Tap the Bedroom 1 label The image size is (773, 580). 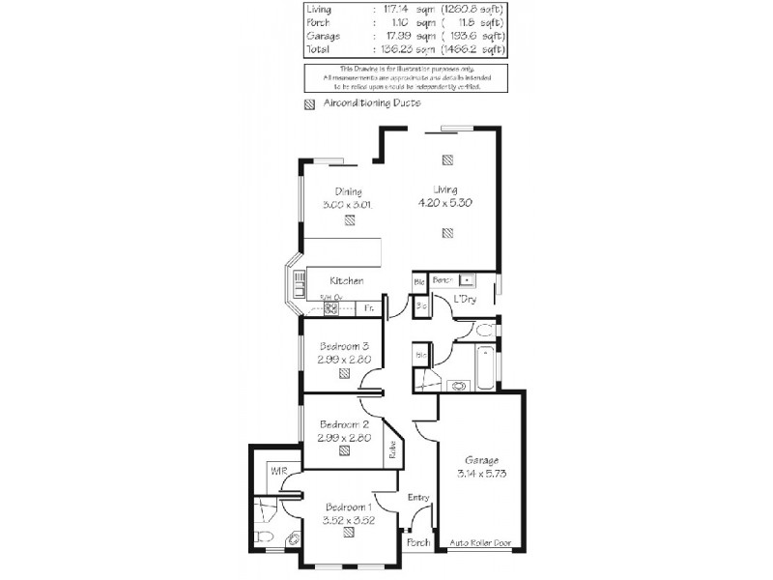[349, 507]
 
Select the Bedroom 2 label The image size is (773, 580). [345, 423]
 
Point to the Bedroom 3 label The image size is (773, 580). [345, 346]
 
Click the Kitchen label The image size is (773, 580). [346, 280]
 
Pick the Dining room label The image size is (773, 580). [348, 190]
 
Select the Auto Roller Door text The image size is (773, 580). [480, 543]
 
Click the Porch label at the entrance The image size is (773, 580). [417, 543]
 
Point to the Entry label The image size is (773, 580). [417, 497]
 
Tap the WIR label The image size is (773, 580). [278, 471]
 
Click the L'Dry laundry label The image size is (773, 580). [467, 301]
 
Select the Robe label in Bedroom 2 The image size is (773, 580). [394, 449]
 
